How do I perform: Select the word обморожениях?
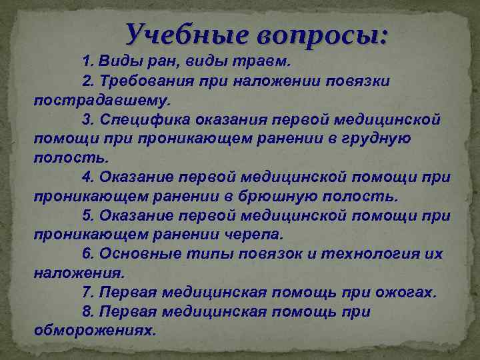94,331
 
